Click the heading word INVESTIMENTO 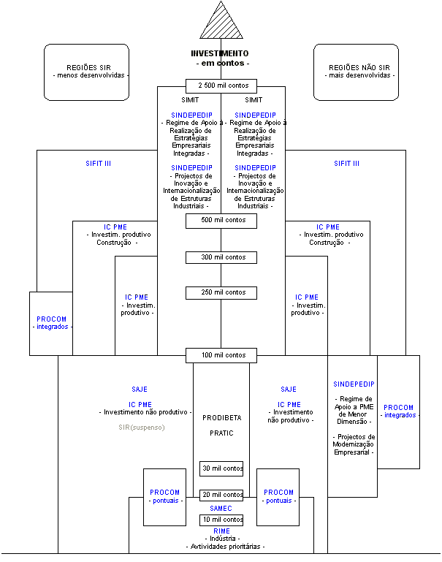click(220, 53)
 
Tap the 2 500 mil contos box click(221, 86)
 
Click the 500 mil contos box click(221, 220)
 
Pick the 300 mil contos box click(221, 257)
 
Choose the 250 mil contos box click(221, 292)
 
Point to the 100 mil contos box click(221, 355)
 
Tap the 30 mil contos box click(221, 468)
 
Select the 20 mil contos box click(221, 495)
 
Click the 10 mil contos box click(221, 520)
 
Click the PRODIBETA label click(221, 418)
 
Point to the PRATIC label click(221, 433)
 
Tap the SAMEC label click(221, 508)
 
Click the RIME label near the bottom click(221, 531)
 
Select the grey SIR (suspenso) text click(142, 427)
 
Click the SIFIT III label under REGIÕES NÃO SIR click(346, 164)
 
